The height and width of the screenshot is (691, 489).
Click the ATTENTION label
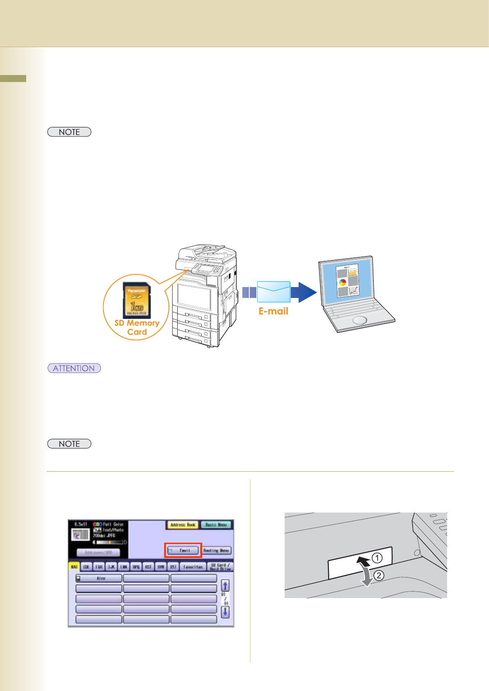[74, 368]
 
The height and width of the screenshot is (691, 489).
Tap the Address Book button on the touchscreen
[183, 525]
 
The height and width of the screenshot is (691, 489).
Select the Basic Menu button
[216, 525]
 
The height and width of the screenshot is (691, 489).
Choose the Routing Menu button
[216, 551]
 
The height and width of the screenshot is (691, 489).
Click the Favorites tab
[193, 567]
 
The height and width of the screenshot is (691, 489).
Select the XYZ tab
[173, 567]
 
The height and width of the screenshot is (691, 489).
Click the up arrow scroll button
[225, 585]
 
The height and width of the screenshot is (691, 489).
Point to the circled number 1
[377, 558]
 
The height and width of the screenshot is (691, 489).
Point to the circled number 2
[379, 575]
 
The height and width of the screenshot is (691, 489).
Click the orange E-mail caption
[273, 311]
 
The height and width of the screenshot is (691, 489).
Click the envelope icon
[274, 291]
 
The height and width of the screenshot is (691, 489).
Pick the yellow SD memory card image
[137, 300]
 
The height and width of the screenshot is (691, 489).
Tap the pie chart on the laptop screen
[343, 282]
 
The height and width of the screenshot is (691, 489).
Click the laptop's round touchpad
[360, 320]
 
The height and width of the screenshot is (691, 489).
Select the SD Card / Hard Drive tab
[220, 567]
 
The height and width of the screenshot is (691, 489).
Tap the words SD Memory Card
[137, 328]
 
